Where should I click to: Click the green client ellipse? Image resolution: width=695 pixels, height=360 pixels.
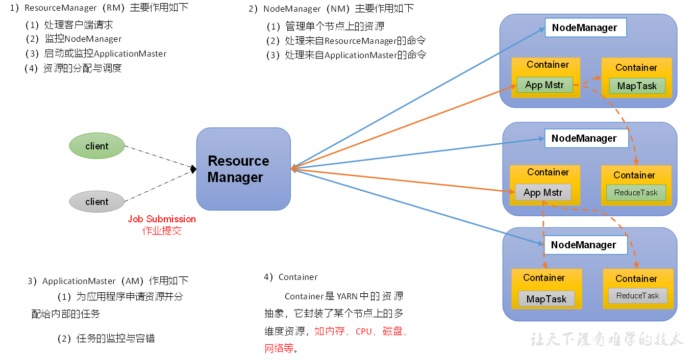[x=97, y=146]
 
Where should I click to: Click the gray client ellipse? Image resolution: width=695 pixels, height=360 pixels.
[x=97, y=201]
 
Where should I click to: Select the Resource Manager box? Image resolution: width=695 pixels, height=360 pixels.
[x=243, y=169]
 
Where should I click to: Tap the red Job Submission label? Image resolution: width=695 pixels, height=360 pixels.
[x=162, y=219]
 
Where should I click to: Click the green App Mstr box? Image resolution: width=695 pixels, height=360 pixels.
[x=544, y=85]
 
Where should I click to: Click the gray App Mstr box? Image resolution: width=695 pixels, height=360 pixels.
[x=543, y=193]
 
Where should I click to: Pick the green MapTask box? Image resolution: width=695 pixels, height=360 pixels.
[x=637, y=86]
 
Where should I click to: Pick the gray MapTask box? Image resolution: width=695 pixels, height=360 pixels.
[x=547, y=299]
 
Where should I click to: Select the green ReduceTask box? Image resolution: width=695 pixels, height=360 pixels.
[x=636, y=193]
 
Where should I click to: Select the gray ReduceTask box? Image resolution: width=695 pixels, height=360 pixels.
[x=637, y=296]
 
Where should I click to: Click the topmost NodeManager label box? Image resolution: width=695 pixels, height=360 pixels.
[x=585, y=28]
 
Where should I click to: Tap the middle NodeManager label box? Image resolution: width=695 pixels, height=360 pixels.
[x=584, y=139]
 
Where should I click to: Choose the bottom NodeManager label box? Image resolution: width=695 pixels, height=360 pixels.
[x=584, y=245]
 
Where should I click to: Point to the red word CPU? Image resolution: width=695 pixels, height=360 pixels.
[x=364, y=331]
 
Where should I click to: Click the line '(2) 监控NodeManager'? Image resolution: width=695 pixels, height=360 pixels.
[x=74, y=39]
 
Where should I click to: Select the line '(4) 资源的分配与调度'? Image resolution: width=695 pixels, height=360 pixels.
[x=73, y=68]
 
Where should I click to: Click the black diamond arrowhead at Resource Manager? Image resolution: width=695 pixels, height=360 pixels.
[x=193, y=169]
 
